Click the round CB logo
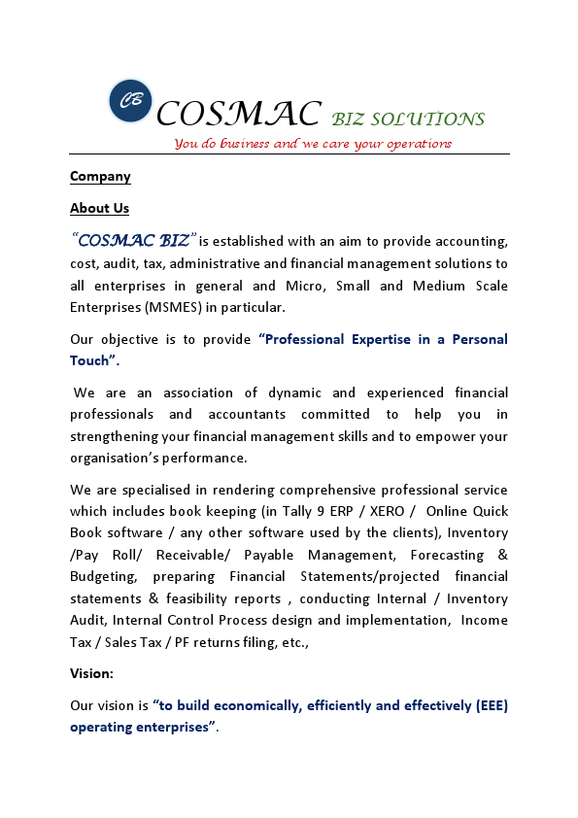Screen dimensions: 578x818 (130, 101)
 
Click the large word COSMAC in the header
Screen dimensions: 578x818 (238, 115)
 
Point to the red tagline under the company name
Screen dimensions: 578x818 (313, 144)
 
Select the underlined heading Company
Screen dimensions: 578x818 (100, 177)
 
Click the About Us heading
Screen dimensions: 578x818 (99, 208)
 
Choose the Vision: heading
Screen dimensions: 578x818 (92, 672)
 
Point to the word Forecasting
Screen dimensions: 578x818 (447, 555)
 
